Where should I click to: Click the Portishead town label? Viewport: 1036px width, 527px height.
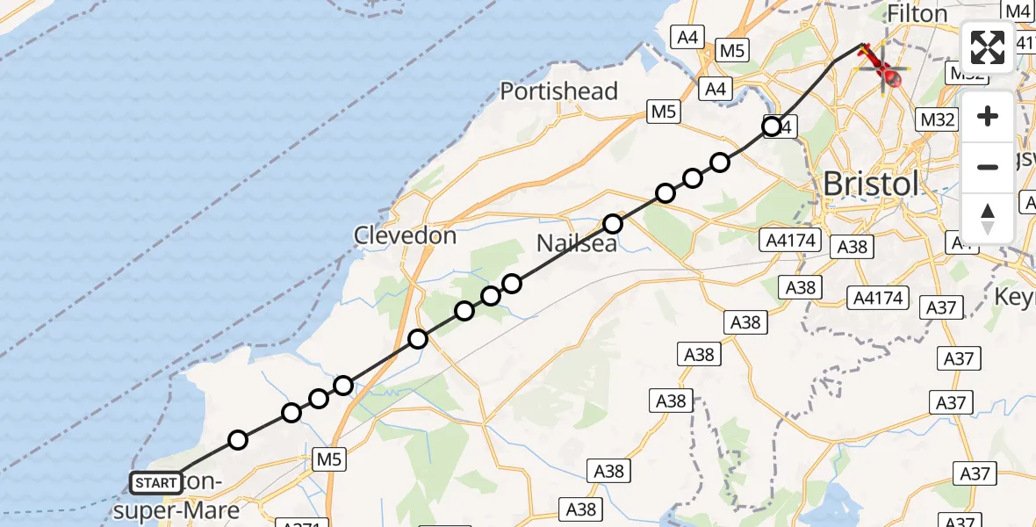click(x=559, y=91)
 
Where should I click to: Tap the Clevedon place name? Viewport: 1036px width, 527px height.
click(x=405, y=235)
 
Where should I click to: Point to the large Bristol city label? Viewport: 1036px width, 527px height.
click(x=870, y=184)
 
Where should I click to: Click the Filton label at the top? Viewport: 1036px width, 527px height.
click(x=917, y=14)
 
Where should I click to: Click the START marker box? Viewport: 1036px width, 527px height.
click(x=156, y=482)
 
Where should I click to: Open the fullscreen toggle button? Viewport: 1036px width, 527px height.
click(x=988, y=47)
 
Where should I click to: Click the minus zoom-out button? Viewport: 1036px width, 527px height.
click(x=988, y=167)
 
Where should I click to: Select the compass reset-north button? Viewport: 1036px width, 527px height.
click(x=988, y=218)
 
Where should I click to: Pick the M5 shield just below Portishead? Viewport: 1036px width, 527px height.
click(x=663, y=112)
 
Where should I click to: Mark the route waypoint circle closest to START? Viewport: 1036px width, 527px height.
click(x=237, y=440)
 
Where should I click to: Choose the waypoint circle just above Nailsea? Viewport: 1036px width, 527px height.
click(x=613, y=224)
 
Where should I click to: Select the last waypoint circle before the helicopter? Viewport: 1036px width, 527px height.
click(x=772, y=126)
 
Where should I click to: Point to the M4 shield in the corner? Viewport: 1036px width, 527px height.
click(x=1018, y=11)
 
